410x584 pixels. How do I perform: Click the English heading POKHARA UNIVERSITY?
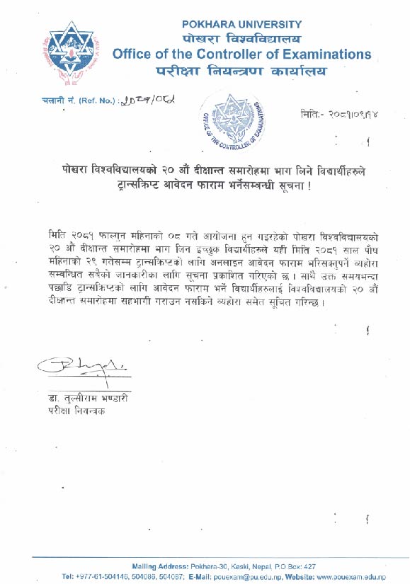[241, 24]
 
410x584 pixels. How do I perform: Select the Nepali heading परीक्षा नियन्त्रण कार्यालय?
[241, 71]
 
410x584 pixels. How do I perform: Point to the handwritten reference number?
[148, 101]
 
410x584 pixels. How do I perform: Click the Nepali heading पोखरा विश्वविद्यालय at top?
[241, 38]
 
